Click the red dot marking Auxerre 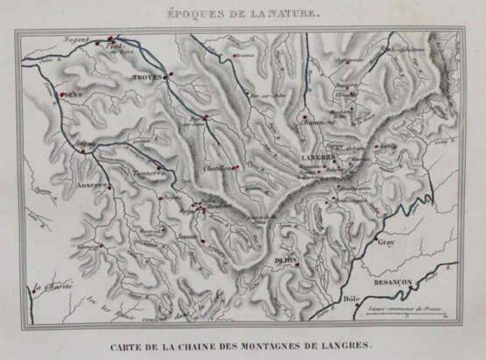coord(110,186)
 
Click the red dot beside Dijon coord(298,264)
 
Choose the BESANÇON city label coord(391,282)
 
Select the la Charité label coord(51,286)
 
